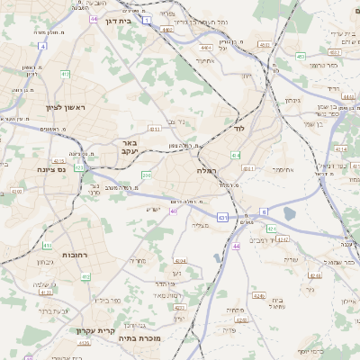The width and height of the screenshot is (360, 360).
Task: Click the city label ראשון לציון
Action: click(x=65, y=107)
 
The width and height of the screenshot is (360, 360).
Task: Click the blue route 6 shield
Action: click(x=265, y=211)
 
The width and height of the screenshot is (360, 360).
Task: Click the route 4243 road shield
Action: click(x=283, y=240)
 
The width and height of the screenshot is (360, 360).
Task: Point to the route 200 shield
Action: click(x=147, y=175)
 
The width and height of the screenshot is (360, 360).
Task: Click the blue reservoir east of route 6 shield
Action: click(x=289, y=213)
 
